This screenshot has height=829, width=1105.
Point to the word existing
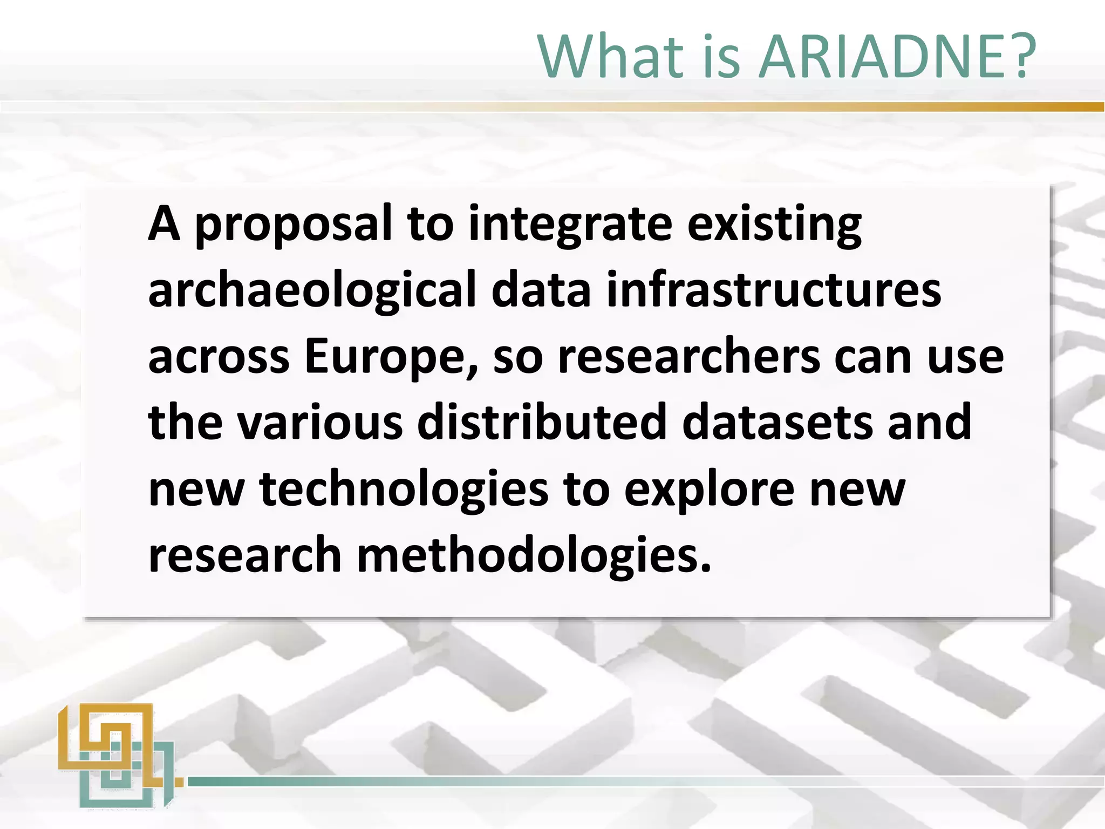click(774, 226)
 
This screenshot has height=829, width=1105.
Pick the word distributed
click(542, 423)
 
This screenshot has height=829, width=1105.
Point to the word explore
click(709, 490)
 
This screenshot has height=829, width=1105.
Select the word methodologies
click(534, 556)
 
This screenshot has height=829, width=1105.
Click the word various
click(320, 423)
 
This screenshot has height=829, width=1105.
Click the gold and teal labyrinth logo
click(117, 755)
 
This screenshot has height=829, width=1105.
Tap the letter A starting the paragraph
click(163, 224)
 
